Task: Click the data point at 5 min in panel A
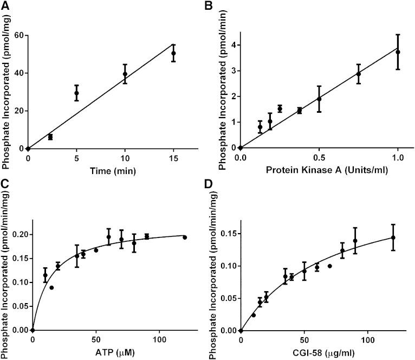coord(76,93)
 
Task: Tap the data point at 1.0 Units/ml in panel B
coord(398,52)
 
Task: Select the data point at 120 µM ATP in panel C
coord(185,237)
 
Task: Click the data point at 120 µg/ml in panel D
coord(393,237)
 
